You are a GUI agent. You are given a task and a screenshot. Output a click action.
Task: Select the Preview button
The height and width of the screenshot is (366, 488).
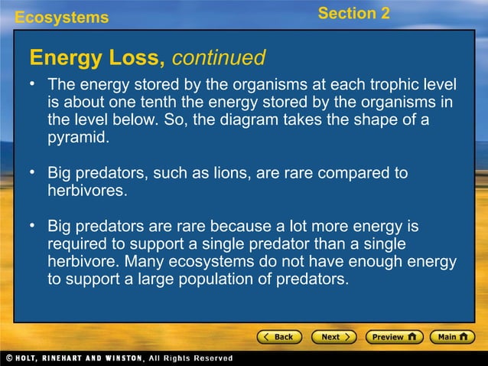[x=393, y=337]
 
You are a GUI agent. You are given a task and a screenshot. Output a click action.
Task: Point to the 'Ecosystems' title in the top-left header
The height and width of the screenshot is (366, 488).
[x=62, y=17]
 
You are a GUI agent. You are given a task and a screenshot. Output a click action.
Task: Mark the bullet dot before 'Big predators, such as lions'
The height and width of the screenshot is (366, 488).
[x=34, y=173]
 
